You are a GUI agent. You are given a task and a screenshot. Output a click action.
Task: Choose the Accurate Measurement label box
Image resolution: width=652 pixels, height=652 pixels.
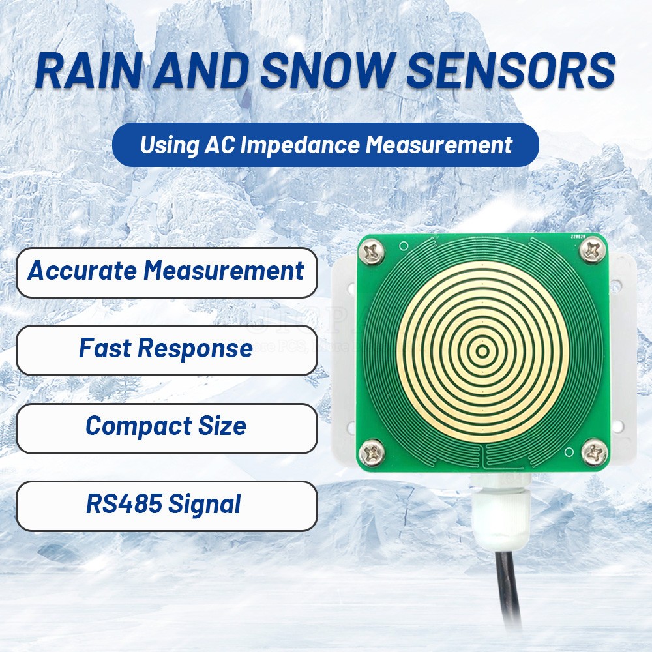coord(166,272)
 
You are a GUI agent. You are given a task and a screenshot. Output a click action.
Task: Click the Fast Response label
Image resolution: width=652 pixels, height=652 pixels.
coord(166,349)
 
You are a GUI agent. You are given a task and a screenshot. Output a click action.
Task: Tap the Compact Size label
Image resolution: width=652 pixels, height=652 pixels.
coord(166,427)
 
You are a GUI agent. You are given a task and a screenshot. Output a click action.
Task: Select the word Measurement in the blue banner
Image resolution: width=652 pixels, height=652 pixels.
coord(438,144)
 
